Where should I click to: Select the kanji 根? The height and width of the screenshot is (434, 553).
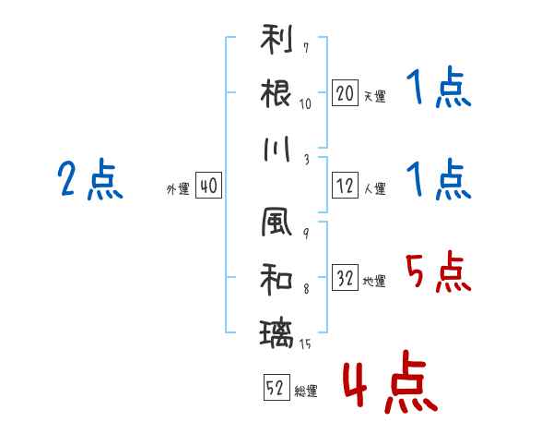pos(276,93)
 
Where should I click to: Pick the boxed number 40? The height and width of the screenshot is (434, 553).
pos(208,187)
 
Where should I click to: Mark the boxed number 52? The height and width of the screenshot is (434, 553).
pos(275,388)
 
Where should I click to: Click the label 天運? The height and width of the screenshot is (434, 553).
pos(374,96)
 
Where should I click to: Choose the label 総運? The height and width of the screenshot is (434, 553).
pos(305,392)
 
